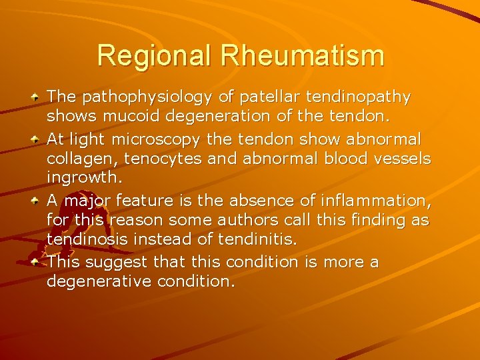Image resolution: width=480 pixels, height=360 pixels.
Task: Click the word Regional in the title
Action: pos(156,55)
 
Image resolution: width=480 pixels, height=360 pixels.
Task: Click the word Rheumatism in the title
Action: pos(303,55)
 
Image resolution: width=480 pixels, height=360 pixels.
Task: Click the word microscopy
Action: pos(157,140)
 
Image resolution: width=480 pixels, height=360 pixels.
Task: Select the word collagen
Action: pos(75,159)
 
